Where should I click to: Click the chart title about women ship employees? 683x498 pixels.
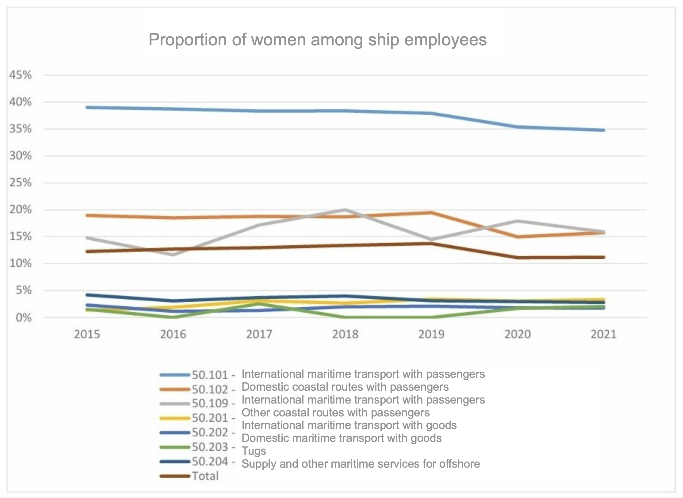click(x=317, y=40)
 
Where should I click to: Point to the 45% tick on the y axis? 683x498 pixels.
click(x=21, y=75)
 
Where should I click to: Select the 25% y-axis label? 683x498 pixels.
click(x=21, y=183)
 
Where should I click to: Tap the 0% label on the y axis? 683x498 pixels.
click(x=24, y=317)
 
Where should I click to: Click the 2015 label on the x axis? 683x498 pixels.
click(x=87, y=334)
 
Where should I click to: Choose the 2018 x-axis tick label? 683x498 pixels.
click(x=345, y=334)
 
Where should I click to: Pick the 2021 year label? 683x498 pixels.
click(x=603, y=334)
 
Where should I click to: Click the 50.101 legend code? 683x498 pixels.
click(x=210, y=375)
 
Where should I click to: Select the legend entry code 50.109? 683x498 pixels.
click(x=210, y=403)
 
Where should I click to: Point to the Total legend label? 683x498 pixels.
click(x=205, y=476)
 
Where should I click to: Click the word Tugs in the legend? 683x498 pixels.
click(x=254, y=451)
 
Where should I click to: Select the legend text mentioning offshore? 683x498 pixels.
click(x=361, y=464)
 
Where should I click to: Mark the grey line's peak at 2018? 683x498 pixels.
click(x=345, y=210)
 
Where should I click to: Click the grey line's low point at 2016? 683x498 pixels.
click(x=173, y=255)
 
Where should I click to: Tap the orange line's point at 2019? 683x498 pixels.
click(x=431, y=212)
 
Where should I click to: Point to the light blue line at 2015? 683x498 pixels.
click(x=87, y=107)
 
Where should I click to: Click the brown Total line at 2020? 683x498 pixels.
click(x=517, y=258)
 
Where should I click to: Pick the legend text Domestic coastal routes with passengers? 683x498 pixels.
click(x=345, y=387)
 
